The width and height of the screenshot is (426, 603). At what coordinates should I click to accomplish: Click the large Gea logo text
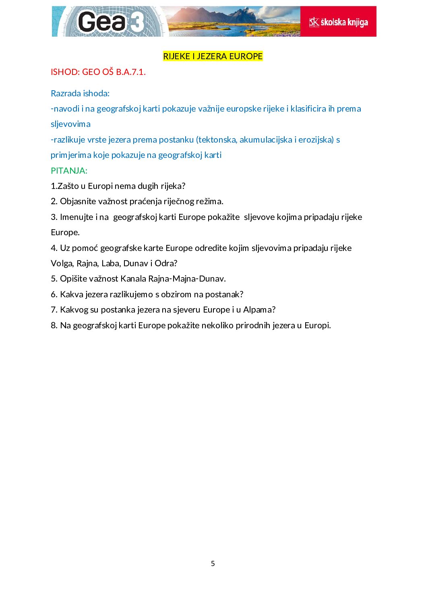coord(101,22)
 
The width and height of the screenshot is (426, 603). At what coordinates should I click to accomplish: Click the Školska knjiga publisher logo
coord(338,22)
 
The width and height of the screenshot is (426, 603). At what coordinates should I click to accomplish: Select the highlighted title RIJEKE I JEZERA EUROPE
coord(213,56)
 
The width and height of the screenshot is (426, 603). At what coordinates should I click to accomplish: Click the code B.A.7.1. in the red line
coord(131,72)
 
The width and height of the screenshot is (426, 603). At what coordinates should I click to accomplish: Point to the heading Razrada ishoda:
coord(80,93)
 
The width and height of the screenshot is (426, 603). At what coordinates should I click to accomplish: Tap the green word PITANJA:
coord(69,171)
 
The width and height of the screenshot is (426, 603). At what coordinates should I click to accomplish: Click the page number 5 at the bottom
coord(213,564)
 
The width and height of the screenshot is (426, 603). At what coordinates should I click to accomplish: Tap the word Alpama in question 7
coord(257,310)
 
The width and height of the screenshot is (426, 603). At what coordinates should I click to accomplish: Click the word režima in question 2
coord(210,201)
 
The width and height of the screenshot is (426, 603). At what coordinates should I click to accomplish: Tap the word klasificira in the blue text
coord(308,109)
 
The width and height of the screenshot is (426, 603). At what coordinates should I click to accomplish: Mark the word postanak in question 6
coord(224,294)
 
